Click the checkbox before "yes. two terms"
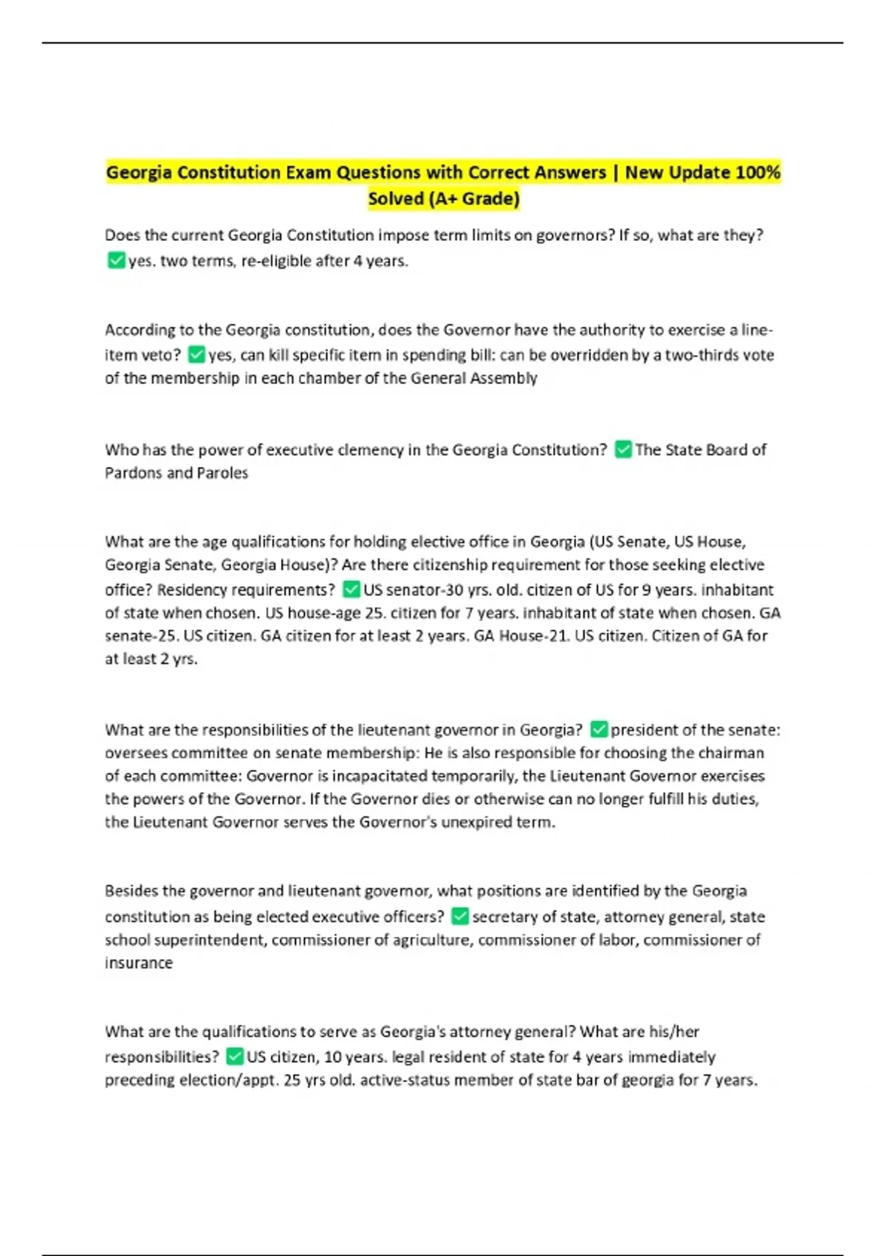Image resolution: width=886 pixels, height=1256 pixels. (116, 260)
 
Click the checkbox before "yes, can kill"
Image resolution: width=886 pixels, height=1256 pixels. (196, 355)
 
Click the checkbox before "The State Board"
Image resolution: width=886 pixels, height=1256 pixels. (623, 449)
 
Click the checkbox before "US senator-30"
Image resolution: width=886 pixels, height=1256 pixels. (351, 590)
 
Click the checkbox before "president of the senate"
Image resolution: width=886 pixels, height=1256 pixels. (599, 730)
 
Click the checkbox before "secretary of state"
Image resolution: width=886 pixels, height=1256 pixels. (460, 917)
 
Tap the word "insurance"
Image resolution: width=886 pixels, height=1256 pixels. (139, 963)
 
